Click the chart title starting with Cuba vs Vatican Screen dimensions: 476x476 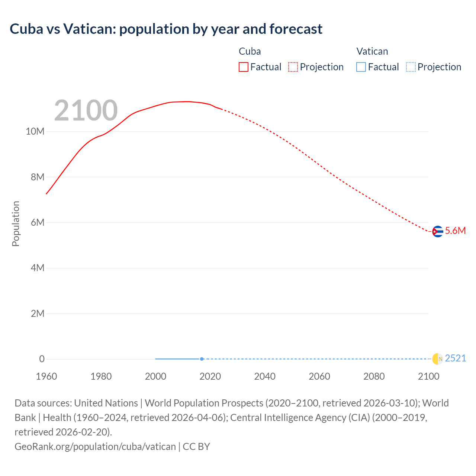[166, 29]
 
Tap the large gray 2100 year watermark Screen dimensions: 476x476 [86, 110]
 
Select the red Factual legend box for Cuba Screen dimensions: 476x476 [244, 67]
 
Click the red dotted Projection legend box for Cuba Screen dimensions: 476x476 [293, 67]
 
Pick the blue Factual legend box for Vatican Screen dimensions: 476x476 [361, 67]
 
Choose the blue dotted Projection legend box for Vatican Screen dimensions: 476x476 [411, 67]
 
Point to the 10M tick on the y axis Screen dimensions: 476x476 [35, 132]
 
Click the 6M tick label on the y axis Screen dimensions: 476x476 [38, 223]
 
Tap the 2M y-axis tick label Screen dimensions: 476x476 [38, 313]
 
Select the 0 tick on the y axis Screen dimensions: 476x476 [42, 359]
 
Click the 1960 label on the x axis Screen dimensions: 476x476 [46, 376]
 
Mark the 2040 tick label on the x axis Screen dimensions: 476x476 [265, 376]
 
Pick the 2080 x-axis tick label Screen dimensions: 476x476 [374, 376]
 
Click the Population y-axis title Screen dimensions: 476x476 [16, 223]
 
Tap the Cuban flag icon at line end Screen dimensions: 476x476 [438, 231]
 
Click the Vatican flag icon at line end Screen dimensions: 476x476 [438, 359]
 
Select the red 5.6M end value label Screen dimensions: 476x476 [455, 231]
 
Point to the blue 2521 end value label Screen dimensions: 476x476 [455, 358]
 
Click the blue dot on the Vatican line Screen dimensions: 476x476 [202, 359]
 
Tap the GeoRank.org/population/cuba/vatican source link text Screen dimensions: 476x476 [95, 446]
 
